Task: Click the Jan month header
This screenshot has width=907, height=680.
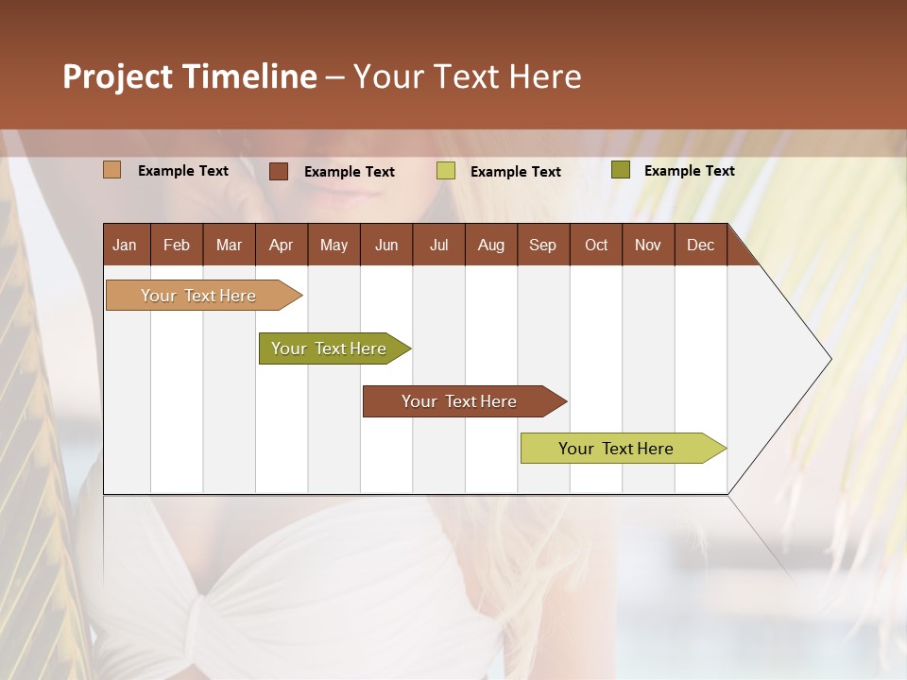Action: coord(125,245)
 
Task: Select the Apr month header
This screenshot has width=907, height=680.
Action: coord(281,245)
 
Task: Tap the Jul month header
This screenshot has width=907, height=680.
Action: coord(438,245)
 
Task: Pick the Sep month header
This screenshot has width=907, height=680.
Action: coord(542,245)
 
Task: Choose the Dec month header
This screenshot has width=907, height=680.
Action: coord(700,245)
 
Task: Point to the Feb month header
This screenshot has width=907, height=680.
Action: coord(177,245)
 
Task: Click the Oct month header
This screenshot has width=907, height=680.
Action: coord(596,245)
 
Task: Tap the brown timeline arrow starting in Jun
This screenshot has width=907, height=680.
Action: coord(460,401)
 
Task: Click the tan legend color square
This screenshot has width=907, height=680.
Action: coord(111,170)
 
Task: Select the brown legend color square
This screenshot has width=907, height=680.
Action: coord(279,171)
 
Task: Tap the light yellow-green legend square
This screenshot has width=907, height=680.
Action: coord(446,171)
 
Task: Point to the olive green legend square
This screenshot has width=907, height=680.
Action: coord(621,170)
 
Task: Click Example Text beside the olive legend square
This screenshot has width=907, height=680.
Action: coord(689,171)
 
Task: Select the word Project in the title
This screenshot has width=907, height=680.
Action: coord(118,76)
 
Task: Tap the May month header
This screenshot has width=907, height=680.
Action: coord(334,245)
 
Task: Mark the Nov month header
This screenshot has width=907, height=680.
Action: coord(648,245)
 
